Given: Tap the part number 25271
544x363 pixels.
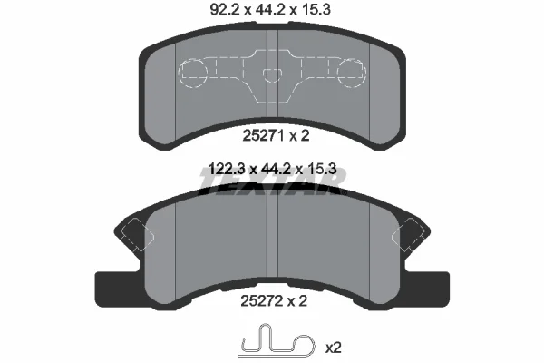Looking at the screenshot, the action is pyautogui.click(x=263, y=135).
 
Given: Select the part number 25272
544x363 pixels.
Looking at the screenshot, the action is pyautogui.click(x=262, y=300).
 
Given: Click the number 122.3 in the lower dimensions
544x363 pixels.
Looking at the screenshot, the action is pyautogui.click(x=227, y=170).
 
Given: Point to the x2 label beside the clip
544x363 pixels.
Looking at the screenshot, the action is pyautogui.click(x=333, y=348).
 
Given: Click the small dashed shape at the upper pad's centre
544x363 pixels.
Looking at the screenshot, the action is pyautogui.click(x=272, y=75).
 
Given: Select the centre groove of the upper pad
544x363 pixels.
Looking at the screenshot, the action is pyautogui.click(x=272, y=74).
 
